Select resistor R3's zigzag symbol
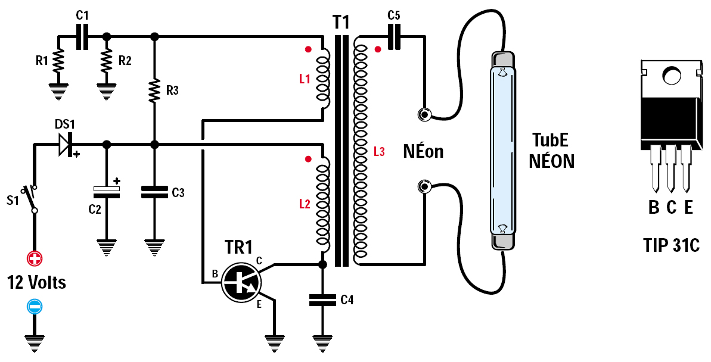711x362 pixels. point(154,90)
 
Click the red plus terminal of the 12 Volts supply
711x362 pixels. point(35,258)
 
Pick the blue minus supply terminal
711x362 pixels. point(35,307)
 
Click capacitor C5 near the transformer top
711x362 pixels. point(393,39)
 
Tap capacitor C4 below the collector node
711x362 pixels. point(322,301)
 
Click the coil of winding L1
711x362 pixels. point(322,80)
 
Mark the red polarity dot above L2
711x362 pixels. point(308,159)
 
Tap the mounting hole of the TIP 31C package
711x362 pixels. point(671,75)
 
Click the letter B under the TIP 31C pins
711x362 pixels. point(654,208)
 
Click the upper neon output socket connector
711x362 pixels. point(424,114)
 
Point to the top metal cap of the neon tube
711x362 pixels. point(501,60)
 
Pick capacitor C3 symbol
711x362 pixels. point(154,192)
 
